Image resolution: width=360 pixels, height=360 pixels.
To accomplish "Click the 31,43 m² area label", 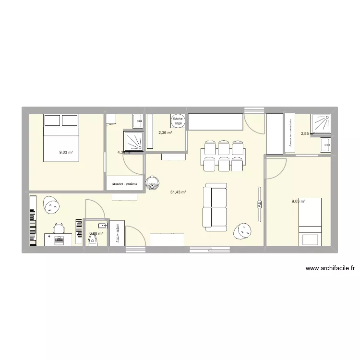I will coord(178,192).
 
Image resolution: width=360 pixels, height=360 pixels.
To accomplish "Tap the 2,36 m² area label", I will coord(165,133).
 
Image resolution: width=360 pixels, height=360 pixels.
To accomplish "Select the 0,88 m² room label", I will coord(96,234).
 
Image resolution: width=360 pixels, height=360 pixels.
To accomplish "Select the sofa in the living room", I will coord(215,207).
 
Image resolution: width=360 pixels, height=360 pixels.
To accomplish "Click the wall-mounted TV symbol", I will coord(259,204).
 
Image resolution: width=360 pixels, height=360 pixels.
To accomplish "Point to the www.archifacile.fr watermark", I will coord(329,269).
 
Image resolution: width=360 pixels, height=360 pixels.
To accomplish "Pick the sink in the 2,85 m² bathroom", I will coord(326,144).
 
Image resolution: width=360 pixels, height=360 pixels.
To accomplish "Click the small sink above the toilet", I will coord(102,225).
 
